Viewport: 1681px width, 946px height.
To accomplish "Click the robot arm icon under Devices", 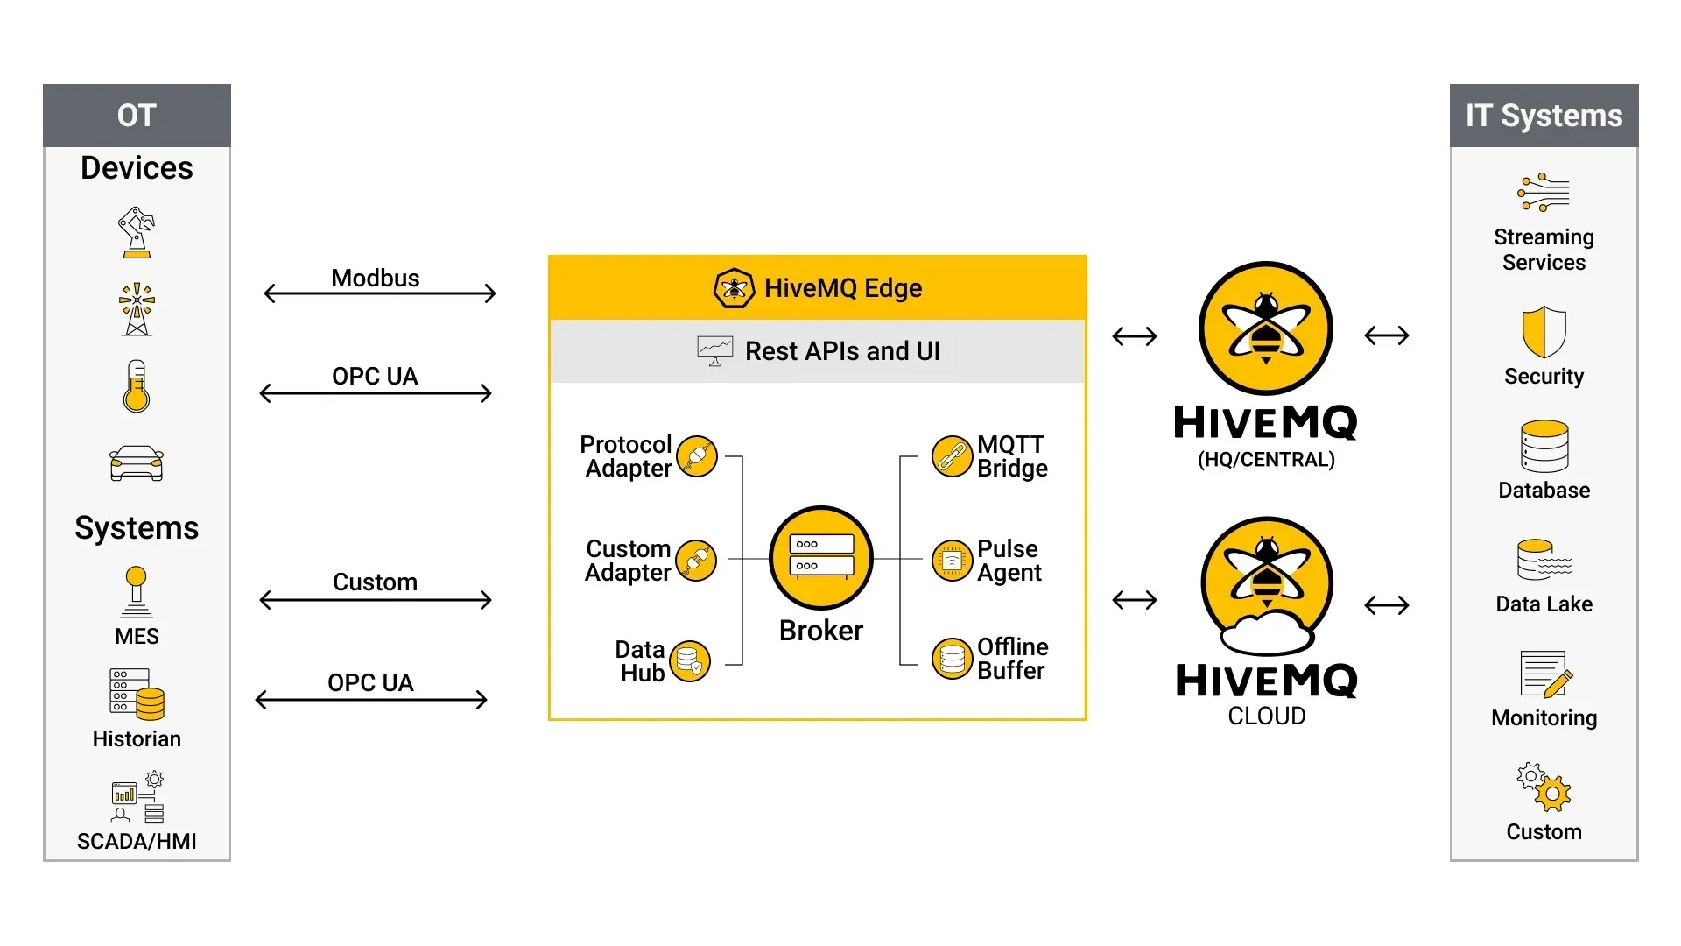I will (x=137, y=232).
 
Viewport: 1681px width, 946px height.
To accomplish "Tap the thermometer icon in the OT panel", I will (x=137, y=386).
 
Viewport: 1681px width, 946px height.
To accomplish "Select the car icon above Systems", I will (x=137, y=463).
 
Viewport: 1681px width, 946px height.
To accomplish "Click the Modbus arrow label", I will (x=375, y=278).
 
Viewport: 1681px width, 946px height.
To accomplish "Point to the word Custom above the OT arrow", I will (x=375, y=582).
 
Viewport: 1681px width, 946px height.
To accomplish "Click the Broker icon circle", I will (x=820, y=557).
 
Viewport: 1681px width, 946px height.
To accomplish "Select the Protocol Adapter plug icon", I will (x=697, y=456).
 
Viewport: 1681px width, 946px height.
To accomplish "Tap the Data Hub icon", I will (x=690, y=661).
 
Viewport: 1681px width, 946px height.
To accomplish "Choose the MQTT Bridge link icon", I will (x=952, y=456).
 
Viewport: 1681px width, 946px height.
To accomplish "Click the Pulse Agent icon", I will (x=952, y=561).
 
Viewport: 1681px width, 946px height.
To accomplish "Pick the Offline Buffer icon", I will (x=952, y=659).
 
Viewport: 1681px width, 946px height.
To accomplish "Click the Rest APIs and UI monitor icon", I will (x=714, y=350).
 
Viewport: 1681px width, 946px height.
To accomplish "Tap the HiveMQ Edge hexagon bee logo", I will (x=734, y=288).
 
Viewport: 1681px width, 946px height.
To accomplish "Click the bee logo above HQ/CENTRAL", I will (x=1266, y=328).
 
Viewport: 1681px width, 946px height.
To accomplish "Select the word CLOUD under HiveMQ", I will (x=1266, y=716).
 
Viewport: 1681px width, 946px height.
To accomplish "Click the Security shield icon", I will (x=1544, y=331).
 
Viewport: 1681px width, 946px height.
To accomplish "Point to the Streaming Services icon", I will (x=1544, y=193).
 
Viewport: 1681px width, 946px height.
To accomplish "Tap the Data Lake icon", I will (x=1544, y=560).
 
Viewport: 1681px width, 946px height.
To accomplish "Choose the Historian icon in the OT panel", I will (x=137, y=695).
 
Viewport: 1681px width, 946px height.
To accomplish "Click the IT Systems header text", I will (x=1544, y=116).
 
